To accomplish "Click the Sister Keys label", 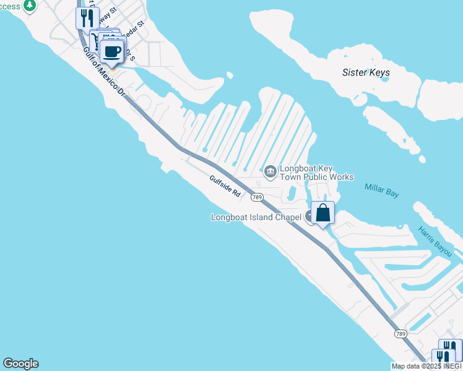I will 366,72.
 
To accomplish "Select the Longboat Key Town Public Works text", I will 316,173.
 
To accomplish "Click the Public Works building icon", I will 270,171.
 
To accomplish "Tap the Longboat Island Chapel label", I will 256,217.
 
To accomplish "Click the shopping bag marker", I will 323,213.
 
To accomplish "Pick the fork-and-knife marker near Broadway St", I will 88,17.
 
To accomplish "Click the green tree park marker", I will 30,6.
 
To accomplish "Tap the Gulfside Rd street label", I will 225,185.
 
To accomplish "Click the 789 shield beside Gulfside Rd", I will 256,197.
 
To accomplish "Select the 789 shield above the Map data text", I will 400,334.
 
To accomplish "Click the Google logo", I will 20,364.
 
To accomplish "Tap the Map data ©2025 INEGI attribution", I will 426,366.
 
